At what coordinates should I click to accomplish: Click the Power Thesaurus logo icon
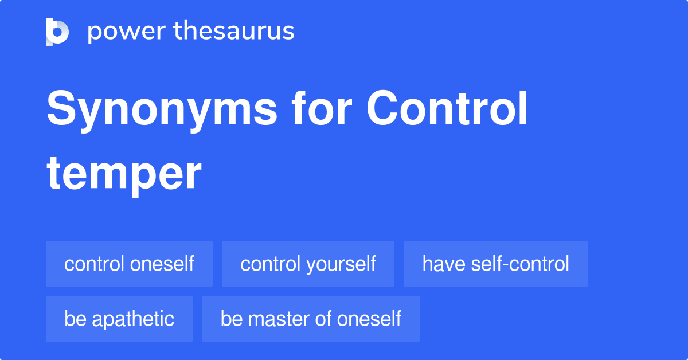pyautogui.click(x=57, y=32)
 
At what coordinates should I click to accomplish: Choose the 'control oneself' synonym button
pyautogui.click(x=129, y=264)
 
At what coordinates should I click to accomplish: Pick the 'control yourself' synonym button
pyautogui.click(x=308, y=264)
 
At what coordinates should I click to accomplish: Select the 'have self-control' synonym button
pyautogui.click(x=495, y=264)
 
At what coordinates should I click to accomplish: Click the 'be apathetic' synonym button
pyautogui.click(x=119, y=319)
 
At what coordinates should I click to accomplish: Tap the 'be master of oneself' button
pyautogui.click(x=311, y=319)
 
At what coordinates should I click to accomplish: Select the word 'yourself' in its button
pyautogui.click(x=341, y=264)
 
